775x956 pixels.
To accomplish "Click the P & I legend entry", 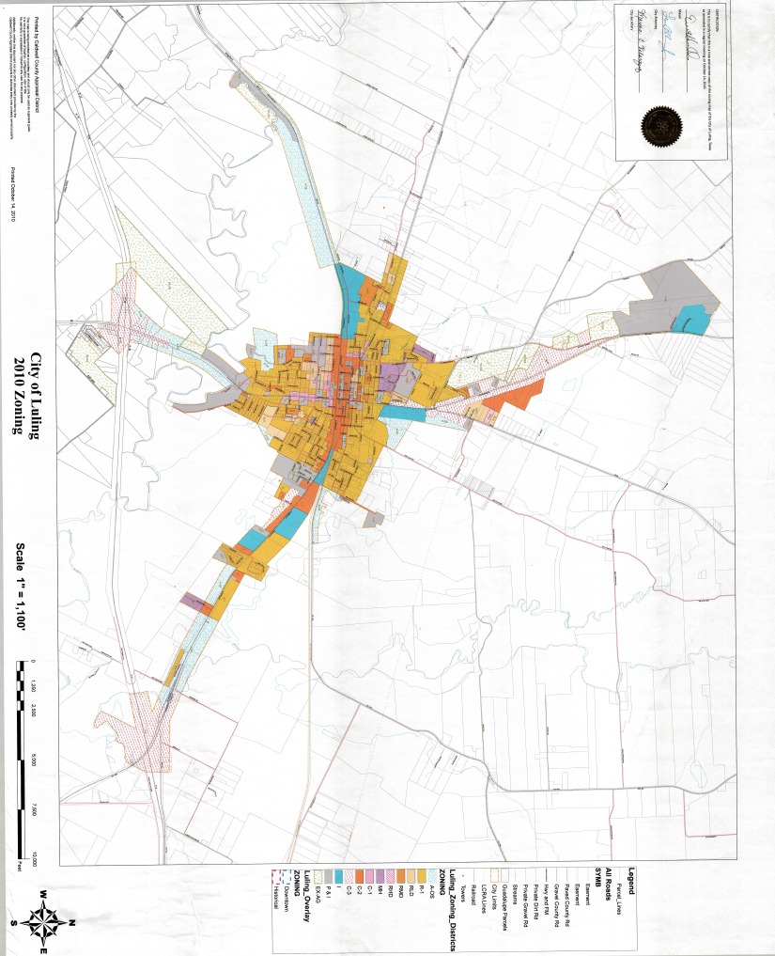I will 336,897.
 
